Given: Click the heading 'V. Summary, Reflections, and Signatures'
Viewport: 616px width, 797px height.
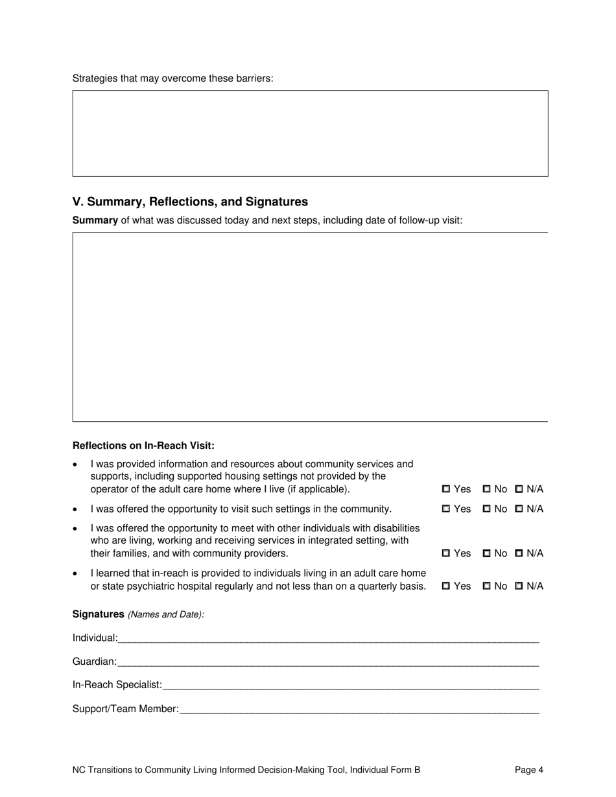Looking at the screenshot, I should pyautogui.click(x=190, y=202).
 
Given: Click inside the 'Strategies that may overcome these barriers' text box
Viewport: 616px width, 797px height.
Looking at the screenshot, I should pyautogui.click(x=310, y=133).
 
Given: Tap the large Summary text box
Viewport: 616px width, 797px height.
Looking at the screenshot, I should pyautogui.click(x=310, y=327).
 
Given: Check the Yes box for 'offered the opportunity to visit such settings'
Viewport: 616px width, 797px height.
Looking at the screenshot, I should pyautogui.click(x=446, y=509).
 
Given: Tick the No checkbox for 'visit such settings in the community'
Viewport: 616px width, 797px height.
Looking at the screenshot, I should pyautogui.click(x=487, y=509).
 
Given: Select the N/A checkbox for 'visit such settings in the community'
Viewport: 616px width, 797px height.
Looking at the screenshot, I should pyautogui.click(x=519, y=509).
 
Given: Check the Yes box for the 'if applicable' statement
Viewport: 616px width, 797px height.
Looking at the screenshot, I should pyautogui.click(x=446, y=489).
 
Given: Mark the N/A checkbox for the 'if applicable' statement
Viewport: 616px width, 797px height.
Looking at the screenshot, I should pyautogui.click(x=519, y=489).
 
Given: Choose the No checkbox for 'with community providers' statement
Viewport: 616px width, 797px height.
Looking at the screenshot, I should pyautogui.click(x=487, y=553).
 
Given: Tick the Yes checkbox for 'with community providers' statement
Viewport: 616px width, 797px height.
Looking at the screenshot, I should pyautogui.click(x=446, y=553).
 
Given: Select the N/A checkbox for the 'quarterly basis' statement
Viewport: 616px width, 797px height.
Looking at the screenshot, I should pyautogui.click(x=519, y=586).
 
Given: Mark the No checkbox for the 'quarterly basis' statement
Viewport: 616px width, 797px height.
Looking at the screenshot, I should pyautogui.click(x=487, y=586).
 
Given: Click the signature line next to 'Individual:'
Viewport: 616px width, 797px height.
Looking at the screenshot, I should pyautogui.click(x=328, y=639).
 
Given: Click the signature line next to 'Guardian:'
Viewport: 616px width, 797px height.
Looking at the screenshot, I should pyautogui.click(x=328, y=663).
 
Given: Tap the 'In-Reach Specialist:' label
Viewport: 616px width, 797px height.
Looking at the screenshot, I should pyautogui.click(x=117, y=685).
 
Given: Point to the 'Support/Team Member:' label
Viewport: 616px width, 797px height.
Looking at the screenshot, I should pyautogui.click(x=125, y=709).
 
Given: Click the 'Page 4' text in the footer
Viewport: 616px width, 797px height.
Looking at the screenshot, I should pyautogui.click(x=529, y=770).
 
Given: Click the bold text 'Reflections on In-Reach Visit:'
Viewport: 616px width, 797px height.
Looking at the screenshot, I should pyautogui.click(x=143, y=446).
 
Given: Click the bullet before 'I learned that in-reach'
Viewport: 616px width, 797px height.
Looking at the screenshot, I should pyautogui.click(x=77, y=574).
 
